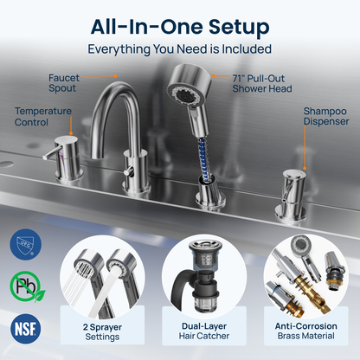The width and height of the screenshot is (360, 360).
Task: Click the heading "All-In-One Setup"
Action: (x=180, y=27)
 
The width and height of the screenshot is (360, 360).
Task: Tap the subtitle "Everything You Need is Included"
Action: (x=179, y=49)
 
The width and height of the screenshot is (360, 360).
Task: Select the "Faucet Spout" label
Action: (x=63, y=83)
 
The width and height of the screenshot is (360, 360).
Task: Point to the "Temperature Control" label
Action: (x=43, y=116)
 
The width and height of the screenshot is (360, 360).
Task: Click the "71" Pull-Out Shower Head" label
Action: (x=262, y=83)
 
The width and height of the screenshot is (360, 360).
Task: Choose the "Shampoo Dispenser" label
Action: (x=326, y=116)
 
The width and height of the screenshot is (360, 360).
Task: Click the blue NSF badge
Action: (x=25, y=329)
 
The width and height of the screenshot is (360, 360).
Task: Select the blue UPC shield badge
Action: (x=25, y=244)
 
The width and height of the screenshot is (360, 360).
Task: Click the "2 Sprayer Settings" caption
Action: (x=102, y=331)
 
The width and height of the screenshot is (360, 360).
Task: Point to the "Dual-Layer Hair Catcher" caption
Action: (x=204, y=331)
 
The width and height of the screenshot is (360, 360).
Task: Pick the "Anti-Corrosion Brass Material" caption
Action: (x=306, y=331)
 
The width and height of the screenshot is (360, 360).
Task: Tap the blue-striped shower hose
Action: (x=203, y=158)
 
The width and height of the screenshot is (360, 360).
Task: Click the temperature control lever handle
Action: (x=52, y=153)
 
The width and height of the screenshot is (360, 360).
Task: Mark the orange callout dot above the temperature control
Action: (x=71, y=133)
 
